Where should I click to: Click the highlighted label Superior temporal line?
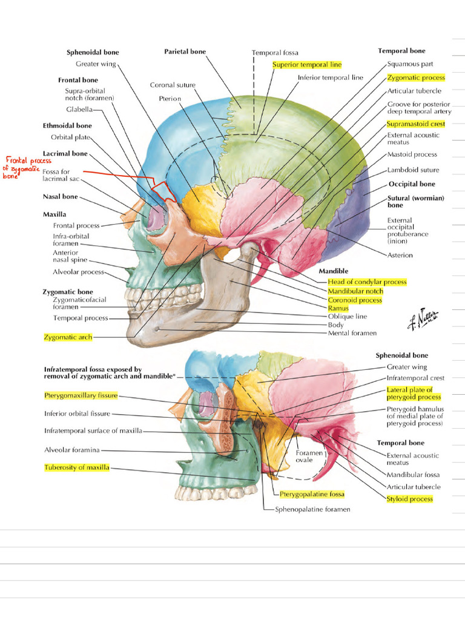(307, 64)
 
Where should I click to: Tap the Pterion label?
(170, 98)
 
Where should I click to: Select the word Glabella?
(79, 110)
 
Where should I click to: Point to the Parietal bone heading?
(185, 51)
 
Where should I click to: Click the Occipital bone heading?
(412, 183)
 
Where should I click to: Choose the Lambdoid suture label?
(413, 170)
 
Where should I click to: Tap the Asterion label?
(400, 255)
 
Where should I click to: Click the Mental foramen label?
(352, 333)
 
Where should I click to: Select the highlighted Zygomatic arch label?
(68, 337)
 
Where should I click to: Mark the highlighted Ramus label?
(338, 308)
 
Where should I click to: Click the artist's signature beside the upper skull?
(423, 317)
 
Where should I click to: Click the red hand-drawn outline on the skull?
(162, 191)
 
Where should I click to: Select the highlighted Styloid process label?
(410, 499)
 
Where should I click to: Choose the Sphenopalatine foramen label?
(312, 509)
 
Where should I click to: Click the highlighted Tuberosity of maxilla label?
(77, 467)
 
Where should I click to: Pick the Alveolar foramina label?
(72, 450)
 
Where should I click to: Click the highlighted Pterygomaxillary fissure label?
(81, 395)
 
